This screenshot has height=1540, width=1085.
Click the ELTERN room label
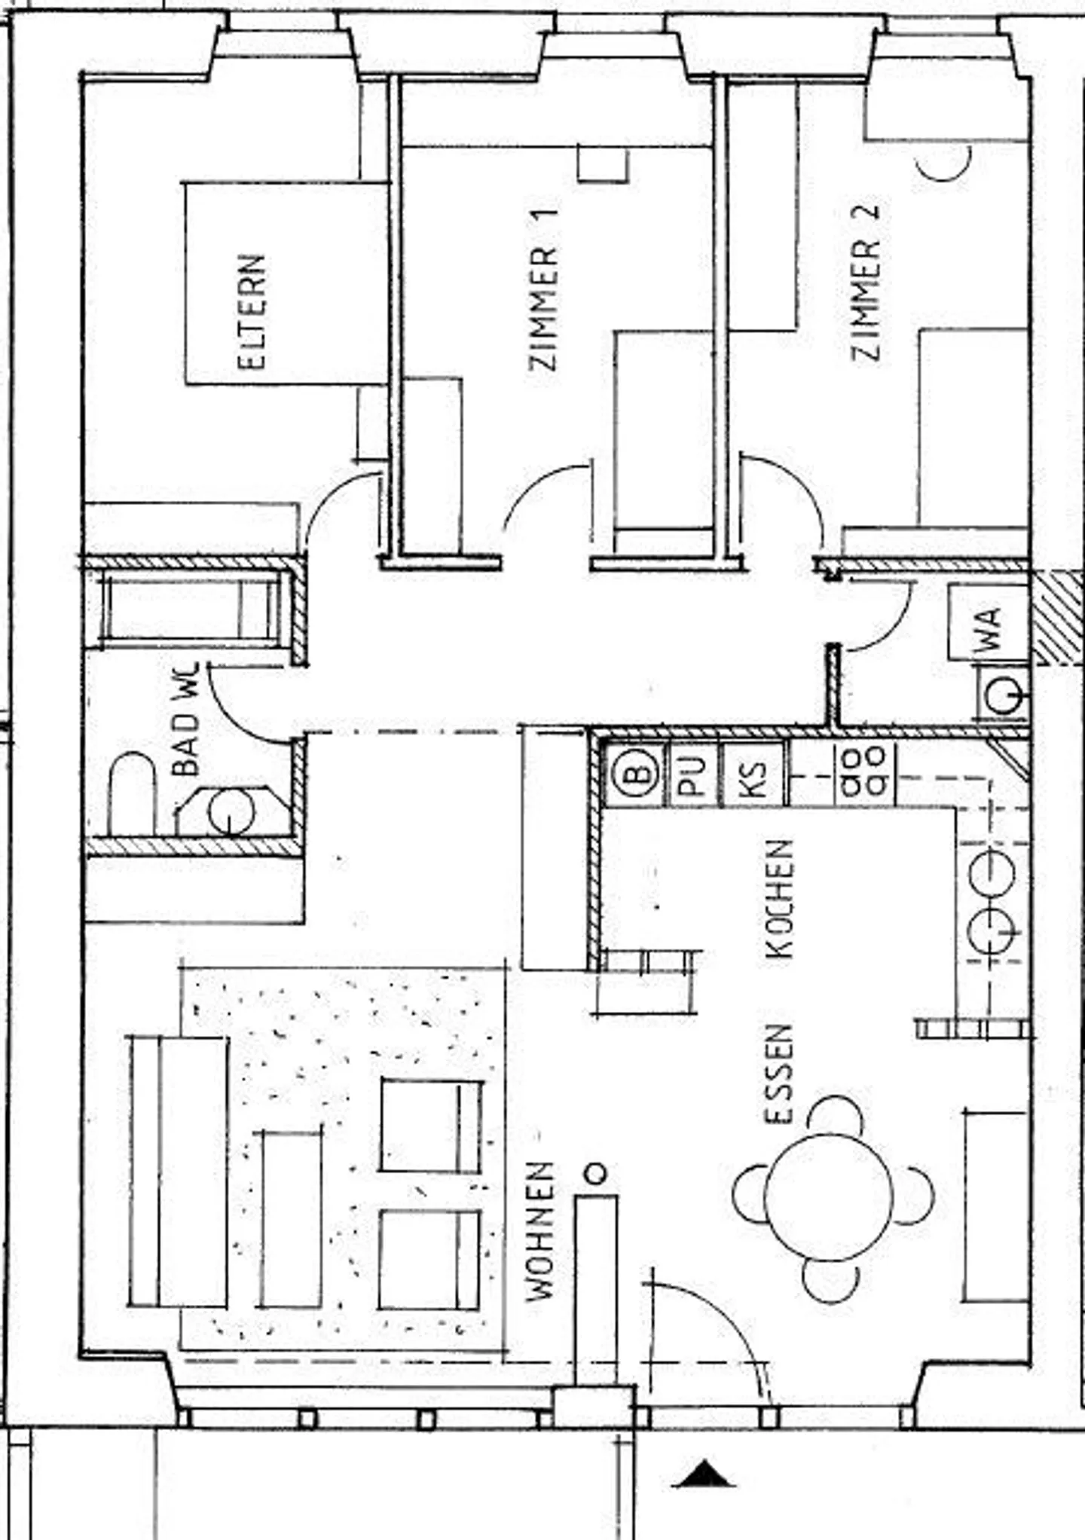coord(252,312)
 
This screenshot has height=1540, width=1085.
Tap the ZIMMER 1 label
coord(543,290)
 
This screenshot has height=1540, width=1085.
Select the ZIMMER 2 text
coord(866,283)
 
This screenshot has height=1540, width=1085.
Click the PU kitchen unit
coord(693,775)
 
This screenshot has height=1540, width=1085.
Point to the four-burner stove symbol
coord(863,772)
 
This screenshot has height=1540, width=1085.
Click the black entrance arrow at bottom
coord(704,1474)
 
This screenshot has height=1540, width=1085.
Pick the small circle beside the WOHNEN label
coord(595,1173)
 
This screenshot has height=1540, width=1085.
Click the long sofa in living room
coord(179,1172)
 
